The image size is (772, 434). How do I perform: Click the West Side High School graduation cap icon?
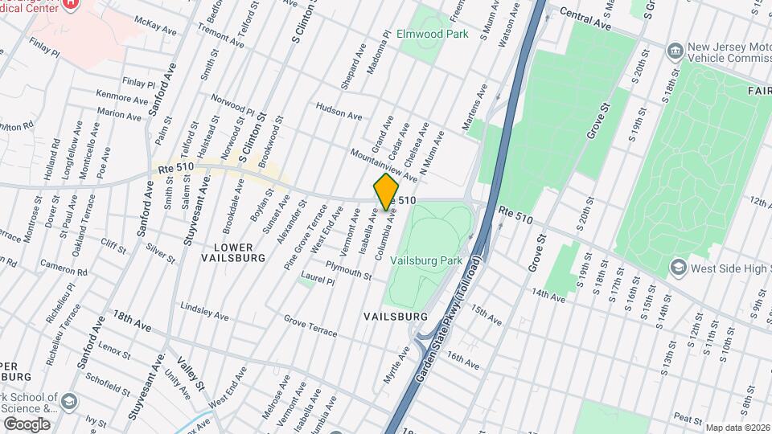678,266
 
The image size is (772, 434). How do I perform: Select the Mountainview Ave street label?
383,164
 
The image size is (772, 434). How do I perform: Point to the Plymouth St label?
348,271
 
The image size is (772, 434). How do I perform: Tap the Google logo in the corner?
27,424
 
